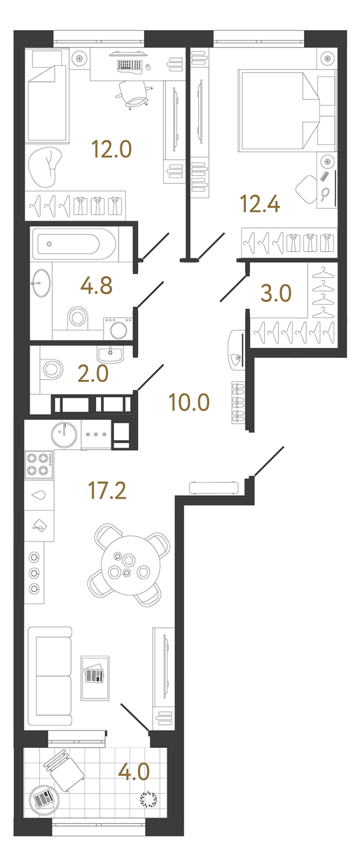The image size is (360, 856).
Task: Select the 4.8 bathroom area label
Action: coord(96,285)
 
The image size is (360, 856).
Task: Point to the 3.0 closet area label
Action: coord(276,293)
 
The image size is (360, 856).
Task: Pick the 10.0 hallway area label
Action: coord(189,402)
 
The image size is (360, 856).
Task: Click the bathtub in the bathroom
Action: coord(74,243)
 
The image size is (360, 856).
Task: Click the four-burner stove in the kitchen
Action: coord(39,464)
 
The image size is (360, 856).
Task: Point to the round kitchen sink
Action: coord(64,435)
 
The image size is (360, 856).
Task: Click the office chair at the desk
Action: coord(134,94)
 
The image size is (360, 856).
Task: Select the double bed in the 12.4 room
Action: coord(287,109)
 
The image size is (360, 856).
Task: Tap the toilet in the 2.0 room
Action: coord(51,369)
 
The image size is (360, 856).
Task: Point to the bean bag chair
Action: coord(45,167)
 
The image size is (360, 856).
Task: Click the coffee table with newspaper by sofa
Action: coord(95,678)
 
